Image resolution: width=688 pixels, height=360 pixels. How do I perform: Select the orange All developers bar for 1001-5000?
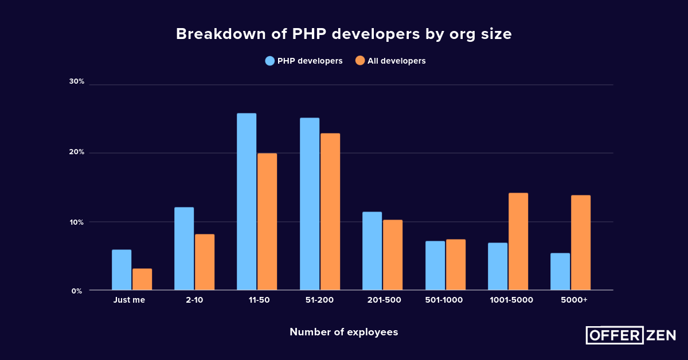click(518, 241)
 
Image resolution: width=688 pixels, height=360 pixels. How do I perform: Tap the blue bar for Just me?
click(122, 269)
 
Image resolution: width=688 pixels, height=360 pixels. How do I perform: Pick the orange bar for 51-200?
click(330, 212)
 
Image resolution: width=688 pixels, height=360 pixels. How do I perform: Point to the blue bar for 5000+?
click(560, 271)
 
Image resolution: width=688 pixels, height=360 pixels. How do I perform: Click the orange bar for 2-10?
click(205, 262)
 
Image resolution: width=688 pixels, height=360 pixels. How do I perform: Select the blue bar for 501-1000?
click(435, 265)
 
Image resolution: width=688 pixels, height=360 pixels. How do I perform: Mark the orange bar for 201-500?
click(393, 255)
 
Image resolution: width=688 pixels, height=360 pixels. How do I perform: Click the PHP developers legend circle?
click(270, 61)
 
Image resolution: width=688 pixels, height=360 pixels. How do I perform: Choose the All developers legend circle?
click(360, 61)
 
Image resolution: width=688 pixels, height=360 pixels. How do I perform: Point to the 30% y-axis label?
click(77, 81)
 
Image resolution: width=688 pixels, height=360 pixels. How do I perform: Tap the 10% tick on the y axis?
click(77, 222)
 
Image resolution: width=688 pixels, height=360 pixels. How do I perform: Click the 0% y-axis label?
click(77, 291)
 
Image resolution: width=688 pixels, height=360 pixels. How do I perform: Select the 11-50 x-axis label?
click(256, 300)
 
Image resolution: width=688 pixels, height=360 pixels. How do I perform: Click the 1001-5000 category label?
click(511, 300)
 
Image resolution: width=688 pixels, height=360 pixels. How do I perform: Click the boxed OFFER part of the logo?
click(614, 335)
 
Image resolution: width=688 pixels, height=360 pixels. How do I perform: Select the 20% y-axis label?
click(77, 152)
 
